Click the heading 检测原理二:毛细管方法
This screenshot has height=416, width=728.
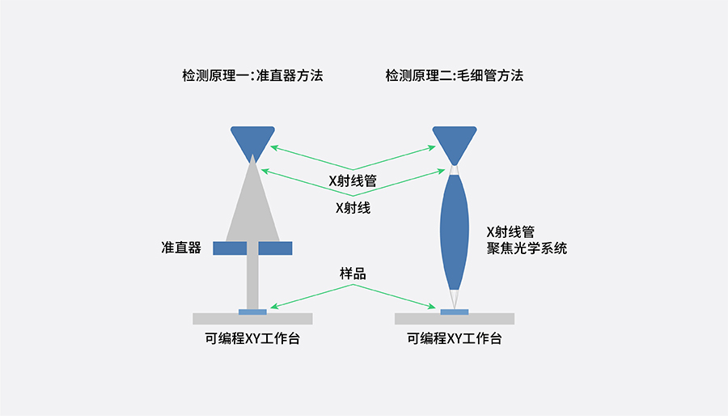point(455,76)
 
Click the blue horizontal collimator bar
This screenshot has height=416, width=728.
point(252,248)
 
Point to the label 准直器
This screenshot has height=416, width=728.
point(181,248)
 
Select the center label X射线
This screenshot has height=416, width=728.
point(353,207)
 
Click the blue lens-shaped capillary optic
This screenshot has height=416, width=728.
point(455,231)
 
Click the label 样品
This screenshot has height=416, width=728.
point(353,274)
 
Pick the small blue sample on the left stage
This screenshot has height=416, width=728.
point(252,312)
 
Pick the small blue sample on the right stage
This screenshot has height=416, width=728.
point(455,312)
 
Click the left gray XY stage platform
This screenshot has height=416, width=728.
point(210,318)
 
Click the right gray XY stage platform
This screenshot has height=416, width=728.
point(493,318)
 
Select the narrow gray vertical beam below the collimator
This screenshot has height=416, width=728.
point(252,280)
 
